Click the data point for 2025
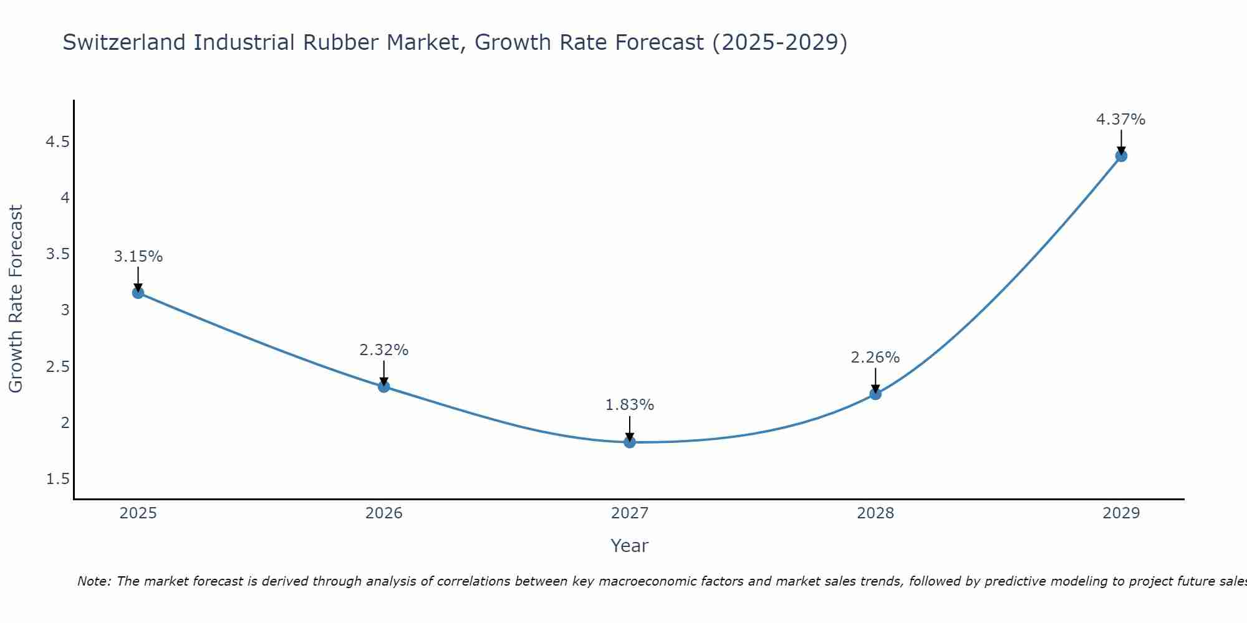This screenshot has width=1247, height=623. click(138, 293)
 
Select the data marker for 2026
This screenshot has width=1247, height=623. click(384, 386)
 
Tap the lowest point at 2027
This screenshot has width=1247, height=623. click(630, 442)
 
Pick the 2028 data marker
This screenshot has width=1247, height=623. click(875, 394)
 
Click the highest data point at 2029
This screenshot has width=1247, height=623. click(1121, 156)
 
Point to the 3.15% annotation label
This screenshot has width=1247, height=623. click(138, 257)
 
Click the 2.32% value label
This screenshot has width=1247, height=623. click(384, 350)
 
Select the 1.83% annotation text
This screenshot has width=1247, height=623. click(630, 405)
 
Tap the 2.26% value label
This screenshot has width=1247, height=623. click(875, 358)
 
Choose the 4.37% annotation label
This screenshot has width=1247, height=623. click(1121, 120)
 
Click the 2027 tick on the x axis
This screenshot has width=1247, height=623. click(630, 513)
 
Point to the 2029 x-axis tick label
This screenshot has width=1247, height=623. click(1121, 513)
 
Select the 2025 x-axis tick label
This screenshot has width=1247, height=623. click(138, 513)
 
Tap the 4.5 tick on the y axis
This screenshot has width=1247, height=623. click(57, 143)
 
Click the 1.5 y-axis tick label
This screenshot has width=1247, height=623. click(57, 479)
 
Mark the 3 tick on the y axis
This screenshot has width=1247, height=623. click(65, 310)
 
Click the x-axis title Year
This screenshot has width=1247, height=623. click(630, 546)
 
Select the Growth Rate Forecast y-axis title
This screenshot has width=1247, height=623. click(16, 299)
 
